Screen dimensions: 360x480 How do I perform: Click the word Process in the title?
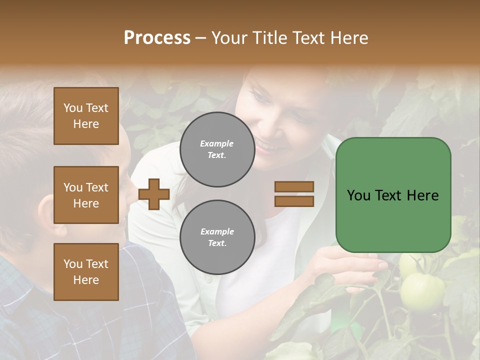[x=157, y=38]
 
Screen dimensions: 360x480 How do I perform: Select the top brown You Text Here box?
[x=86, y=116]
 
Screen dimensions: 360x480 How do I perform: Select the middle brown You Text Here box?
[x=86, y=195]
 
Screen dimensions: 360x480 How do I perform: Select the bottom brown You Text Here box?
[x=86, y=272]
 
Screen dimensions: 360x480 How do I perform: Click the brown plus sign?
[x=154, y=194]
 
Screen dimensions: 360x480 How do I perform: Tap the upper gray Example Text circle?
[x=217, y=149]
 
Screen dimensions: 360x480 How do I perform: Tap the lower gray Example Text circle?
[x=217, y=237]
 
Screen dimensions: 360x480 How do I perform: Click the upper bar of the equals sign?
[x=294, y=186]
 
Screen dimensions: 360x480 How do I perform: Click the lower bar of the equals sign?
[x=294, y=201]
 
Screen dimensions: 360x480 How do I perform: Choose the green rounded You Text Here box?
[x=393, y=195]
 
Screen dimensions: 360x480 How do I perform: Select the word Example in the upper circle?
[x=217, y=143]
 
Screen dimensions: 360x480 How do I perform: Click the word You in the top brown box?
[x=72, y=108]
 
